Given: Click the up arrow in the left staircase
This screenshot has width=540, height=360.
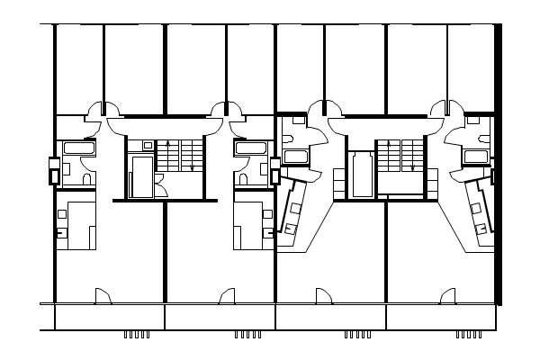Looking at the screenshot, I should tap(168, 153).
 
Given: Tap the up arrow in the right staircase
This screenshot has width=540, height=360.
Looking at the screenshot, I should tap(388, 153).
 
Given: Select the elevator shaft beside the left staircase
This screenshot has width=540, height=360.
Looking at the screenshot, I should tap(142, 175).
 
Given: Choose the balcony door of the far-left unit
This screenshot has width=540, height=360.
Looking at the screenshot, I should tap(102, 295).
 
